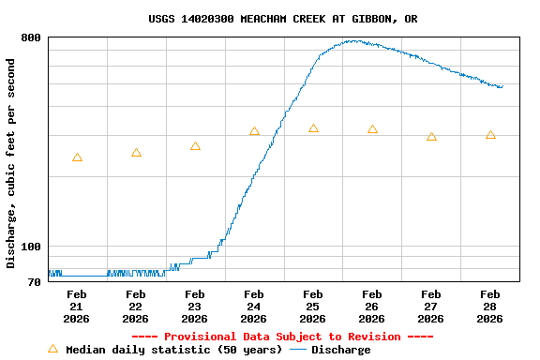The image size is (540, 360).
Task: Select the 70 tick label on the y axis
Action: tap(35, 282)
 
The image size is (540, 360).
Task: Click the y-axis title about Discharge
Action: tap(11, 163)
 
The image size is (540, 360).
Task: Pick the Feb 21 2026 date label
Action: tap(77, 307)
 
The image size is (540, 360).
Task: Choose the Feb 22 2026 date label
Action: tap(136, 307)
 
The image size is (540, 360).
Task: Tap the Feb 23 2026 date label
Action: tap(195, 307)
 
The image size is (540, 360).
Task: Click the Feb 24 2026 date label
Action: tap(254, 307)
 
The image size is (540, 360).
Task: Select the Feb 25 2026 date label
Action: tap(313, 307)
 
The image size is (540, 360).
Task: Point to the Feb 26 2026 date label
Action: tap(372, 307)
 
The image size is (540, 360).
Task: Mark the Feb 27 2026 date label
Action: tap(431, 307)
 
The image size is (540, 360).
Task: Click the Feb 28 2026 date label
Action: tap(490, 307)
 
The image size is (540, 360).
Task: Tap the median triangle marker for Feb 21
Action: tap(77, 157)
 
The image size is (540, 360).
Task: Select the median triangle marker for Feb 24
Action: tap(254, 131)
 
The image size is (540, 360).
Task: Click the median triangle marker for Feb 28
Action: tap(490, 135)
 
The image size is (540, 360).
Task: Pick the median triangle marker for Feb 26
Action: tap(372, 129)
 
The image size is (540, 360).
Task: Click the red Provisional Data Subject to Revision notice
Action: tap(282, 337)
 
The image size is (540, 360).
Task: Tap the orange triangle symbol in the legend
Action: tap(52, 350)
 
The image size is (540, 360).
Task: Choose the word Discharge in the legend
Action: tap(340, 350)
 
